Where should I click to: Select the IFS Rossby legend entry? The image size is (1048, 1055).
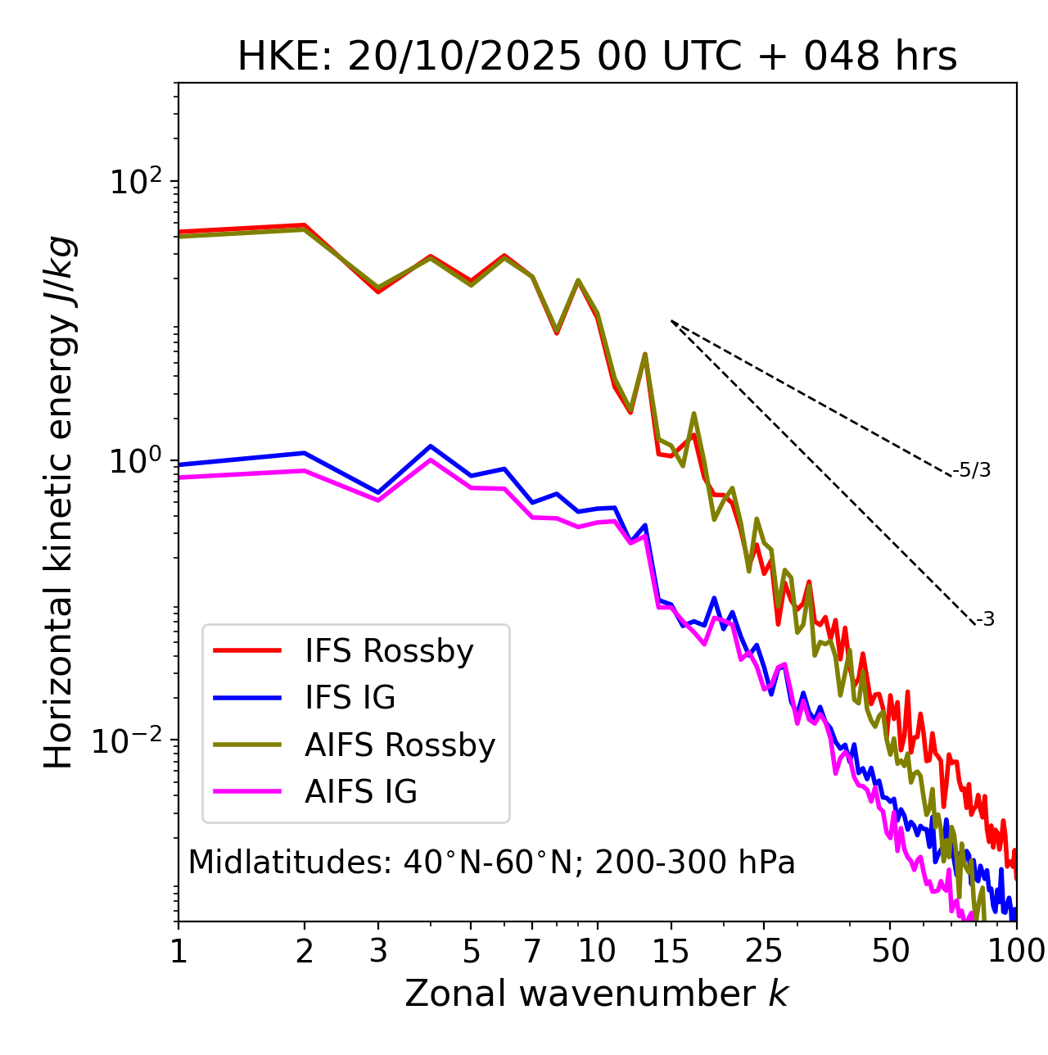tap(389, 651)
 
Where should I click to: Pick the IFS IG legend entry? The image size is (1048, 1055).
tap(350, 698)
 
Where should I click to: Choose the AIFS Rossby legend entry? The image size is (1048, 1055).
tap(400, 745)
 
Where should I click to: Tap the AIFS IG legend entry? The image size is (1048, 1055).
tap(360, 792)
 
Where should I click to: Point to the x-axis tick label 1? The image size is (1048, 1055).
tap(178, 951)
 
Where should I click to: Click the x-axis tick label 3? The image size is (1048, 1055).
tap(378, 951)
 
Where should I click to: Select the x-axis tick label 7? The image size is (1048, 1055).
tap(532, 951)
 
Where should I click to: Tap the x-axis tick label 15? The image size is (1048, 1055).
tap(671, 951)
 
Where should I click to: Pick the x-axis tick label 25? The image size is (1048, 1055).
tap(764, 951)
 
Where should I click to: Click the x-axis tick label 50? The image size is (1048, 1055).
tap(890, 951)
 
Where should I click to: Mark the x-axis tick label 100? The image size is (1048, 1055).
tap(1015, 951)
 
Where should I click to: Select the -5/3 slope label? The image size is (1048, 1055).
tap(972, 470)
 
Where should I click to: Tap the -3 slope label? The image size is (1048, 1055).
tap(985, 620)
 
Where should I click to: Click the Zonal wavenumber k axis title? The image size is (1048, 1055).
tap(596, 994)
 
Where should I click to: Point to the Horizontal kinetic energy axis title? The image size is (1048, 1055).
tap(59, 502)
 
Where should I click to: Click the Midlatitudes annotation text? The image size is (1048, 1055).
tap(491, 863)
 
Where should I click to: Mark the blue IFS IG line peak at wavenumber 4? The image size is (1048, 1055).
tap(431, 446)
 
